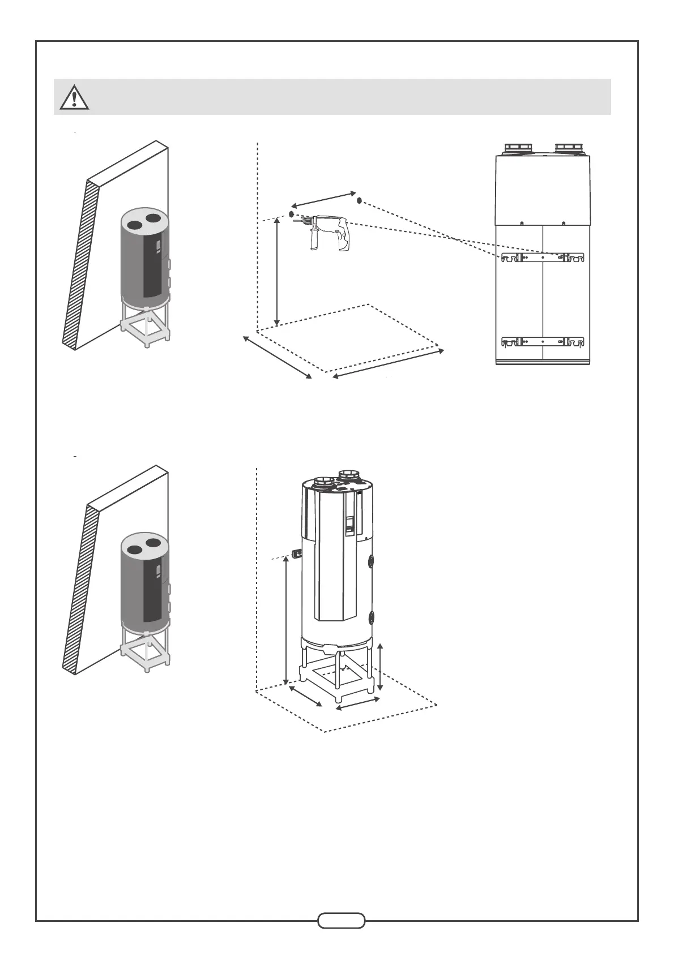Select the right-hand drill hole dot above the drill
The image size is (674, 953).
coord(359,200)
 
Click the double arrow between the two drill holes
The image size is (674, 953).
coord(323,199)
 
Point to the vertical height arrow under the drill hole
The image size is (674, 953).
coord(277,272)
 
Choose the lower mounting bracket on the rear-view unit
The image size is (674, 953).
coord(543,342)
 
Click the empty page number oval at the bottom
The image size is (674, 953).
coord(341,920)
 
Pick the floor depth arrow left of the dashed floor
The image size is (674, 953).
coord(278,358)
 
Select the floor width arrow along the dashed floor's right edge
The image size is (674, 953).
coord(388,363)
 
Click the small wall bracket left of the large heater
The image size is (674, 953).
coord(296,553)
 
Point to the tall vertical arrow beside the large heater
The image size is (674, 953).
coord(286,620)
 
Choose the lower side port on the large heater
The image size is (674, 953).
coord(372,617)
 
